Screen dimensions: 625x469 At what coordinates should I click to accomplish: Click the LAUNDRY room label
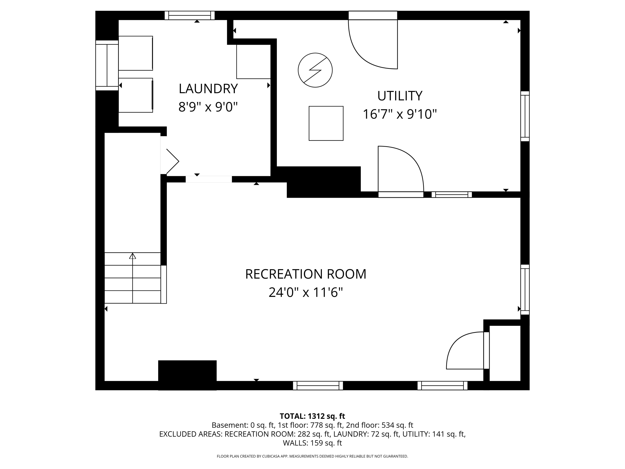point(208,89)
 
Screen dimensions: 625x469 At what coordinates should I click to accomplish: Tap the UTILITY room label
point(400,96)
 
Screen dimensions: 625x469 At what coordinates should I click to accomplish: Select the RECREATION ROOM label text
point(306,274)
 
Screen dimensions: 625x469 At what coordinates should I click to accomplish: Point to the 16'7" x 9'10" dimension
point(400,114)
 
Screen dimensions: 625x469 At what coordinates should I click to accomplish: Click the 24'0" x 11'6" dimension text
point(306,292)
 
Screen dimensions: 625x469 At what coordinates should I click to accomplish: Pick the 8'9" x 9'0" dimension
point(208,107)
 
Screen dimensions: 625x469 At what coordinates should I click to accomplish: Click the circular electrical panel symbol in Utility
point(315,70)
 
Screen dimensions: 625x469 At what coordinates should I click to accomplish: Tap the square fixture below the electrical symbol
point(326,123)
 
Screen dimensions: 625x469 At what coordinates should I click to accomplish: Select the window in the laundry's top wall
point(190,16)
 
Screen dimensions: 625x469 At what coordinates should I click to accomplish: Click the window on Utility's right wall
point(525,116)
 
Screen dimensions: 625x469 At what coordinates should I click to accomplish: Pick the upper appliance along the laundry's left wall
point(136,53)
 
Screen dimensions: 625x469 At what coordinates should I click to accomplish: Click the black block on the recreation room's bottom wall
point(187,375)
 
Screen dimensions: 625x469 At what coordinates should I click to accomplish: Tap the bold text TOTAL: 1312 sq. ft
point(312,416)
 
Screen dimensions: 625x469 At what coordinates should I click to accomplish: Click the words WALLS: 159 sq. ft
point(312,443)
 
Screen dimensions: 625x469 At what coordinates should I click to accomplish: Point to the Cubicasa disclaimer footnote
point(312,456)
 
